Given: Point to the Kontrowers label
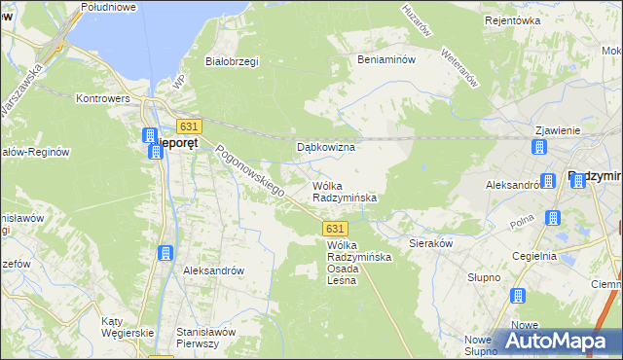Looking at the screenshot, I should coord(104,99).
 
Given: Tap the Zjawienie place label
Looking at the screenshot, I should coord(558,130).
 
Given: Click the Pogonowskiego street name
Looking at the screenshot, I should coord(250,171).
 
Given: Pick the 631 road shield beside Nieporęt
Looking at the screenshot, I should coord(190,126).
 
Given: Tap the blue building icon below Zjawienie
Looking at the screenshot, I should coord(538,148).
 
